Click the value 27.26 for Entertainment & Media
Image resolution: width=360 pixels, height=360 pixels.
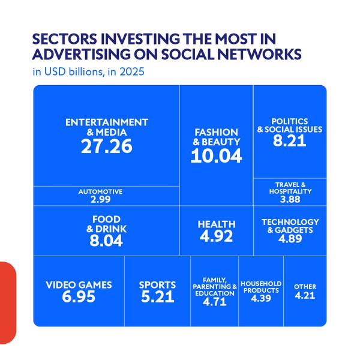[107, 146]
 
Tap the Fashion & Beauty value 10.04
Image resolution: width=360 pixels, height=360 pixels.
[216, 155]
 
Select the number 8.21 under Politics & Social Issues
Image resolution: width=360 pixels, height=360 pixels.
[290, 140]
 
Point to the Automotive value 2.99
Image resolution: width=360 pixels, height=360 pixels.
[101, 199]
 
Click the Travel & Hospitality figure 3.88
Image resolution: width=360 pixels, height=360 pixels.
[290, 199]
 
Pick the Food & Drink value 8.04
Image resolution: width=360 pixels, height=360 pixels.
[106, 241]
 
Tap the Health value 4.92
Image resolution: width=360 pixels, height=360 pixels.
[216, 236]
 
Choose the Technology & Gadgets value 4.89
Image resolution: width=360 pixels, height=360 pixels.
[290, 239]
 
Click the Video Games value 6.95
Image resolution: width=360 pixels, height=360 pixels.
[79, 296]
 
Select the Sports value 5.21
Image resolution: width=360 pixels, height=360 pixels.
[157, 296]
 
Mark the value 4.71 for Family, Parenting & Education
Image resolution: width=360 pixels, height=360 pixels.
[214, 301]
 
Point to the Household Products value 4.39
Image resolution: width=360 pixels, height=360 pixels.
[261, 298]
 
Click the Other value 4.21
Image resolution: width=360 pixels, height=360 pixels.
[305, 295]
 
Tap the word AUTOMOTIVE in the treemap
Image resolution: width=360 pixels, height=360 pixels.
[100, 192]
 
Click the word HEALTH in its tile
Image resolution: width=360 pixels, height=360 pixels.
[217, 224]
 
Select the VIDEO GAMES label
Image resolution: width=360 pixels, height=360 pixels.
[79, 285]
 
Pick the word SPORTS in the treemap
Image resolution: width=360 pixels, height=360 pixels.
[157, 285]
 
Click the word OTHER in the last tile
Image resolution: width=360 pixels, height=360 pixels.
[305, 287]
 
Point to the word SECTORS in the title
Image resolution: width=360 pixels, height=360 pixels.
[65, 39]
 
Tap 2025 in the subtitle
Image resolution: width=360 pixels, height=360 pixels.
[132, 71]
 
